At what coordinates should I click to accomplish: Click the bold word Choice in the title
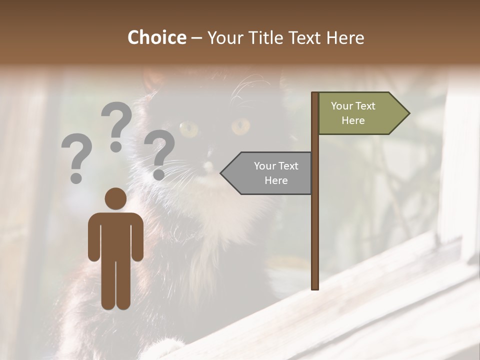(x=156, y=37)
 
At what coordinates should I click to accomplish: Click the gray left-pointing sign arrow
(x=268, y=173)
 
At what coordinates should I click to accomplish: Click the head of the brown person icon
(x=115, y=198)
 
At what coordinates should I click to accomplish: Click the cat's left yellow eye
(x=188, y=129)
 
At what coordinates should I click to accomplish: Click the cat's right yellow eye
(x=240, y=126)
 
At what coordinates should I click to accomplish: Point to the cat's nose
(x=208, y=165)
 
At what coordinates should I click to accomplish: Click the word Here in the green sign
(x=353, y=120)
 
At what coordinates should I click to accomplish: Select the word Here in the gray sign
(x=276, y=180)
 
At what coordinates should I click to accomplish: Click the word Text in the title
(x=299, y=37)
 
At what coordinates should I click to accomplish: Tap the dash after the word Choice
(x=196, y=38)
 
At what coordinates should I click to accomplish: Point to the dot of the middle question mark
(x=116, y=146)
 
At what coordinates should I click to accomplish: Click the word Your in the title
(x=223, y=37)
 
